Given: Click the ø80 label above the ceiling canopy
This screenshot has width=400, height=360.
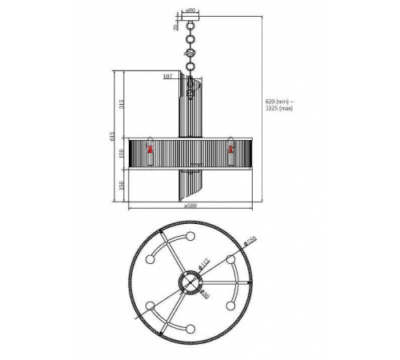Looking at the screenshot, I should tap(191, 10).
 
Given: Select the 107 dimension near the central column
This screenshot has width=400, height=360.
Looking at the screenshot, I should tap(167, 77).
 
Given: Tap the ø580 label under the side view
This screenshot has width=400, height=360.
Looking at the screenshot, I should tap(191, 206).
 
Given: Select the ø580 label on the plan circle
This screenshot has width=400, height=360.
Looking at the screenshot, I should tap(250, 242).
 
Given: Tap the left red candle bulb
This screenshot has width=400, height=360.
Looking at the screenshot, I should tap(149, 149).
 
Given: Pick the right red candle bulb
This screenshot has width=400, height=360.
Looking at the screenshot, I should tap(231, 149).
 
